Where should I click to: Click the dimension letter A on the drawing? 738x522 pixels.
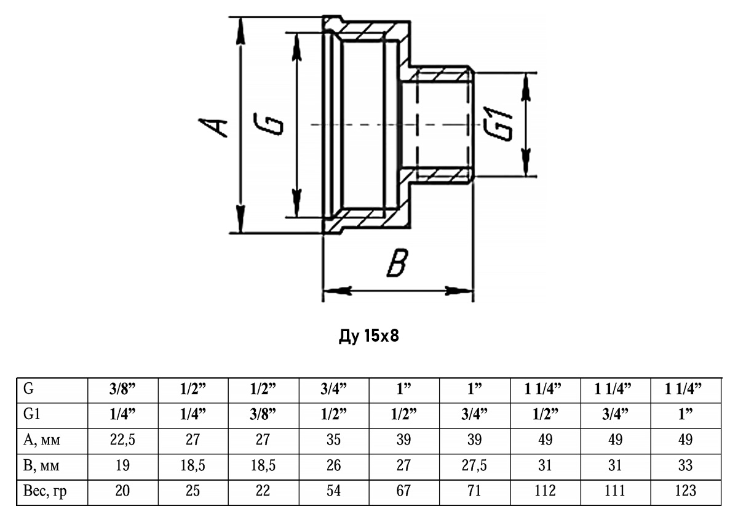coord(213,127)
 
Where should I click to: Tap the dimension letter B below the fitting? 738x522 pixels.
coord(398,262)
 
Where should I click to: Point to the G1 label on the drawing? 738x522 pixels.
coord(498,123)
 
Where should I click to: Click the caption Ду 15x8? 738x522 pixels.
coord(368,336)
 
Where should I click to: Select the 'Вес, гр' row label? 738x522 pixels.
coord(45,491)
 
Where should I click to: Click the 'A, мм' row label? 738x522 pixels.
coord(42,440)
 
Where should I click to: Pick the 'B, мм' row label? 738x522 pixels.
coord(41,465)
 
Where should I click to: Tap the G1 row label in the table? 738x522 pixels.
coord(31,414)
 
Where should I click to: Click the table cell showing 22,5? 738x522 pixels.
coord(122,440)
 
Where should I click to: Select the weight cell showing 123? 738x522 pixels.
coord(686,491)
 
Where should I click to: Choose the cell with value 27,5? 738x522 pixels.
coord(474,465)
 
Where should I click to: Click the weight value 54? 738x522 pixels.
coord(333,491)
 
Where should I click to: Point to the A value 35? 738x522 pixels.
coord(333,440)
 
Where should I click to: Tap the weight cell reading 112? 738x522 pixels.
coord(545,491)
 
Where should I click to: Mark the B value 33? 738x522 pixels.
coord(686,465)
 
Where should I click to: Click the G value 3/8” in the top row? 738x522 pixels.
coord(122,390)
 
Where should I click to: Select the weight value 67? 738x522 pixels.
coord(403,491)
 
